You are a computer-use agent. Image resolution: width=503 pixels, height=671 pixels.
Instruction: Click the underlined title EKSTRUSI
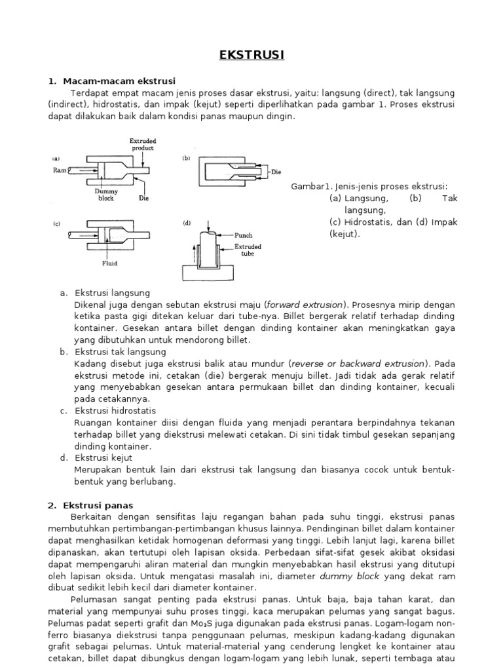coord(251,55)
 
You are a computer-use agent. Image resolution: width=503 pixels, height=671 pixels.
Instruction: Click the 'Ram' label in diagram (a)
coord(60,169)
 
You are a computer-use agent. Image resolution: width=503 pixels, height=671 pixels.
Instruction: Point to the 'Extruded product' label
coord(142,144)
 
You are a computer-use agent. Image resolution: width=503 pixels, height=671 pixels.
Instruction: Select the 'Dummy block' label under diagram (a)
coord(106,194)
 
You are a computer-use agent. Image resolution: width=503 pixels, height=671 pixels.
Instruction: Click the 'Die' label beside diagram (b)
coord(276,172)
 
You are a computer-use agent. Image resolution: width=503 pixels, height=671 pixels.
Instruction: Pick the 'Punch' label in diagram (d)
coord(243,235)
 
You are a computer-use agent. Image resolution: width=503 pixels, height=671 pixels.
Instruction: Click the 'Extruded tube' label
coord(248,250)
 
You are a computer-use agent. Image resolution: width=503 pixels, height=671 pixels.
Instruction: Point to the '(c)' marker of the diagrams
coord(56,223)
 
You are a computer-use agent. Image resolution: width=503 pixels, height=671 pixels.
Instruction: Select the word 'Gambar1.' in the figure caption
coord(310,187)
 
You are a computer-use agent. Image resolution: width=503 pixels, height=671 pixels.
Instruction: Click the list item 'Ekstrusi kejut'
coord(103,457)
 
